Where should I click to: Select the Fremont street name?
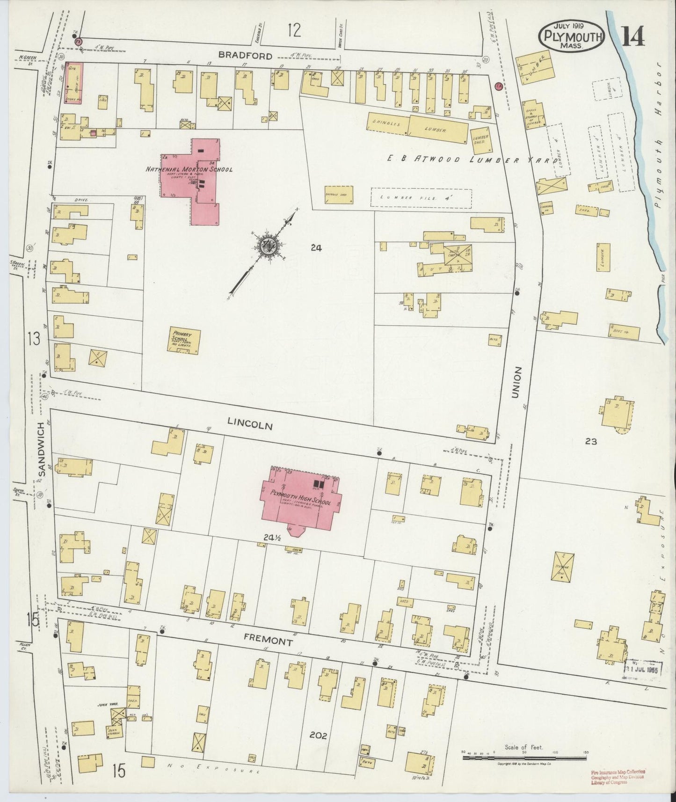(269, 642)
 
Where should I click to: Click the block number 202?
(319, 735)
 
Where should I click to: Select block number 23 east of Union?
(591, 441)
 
